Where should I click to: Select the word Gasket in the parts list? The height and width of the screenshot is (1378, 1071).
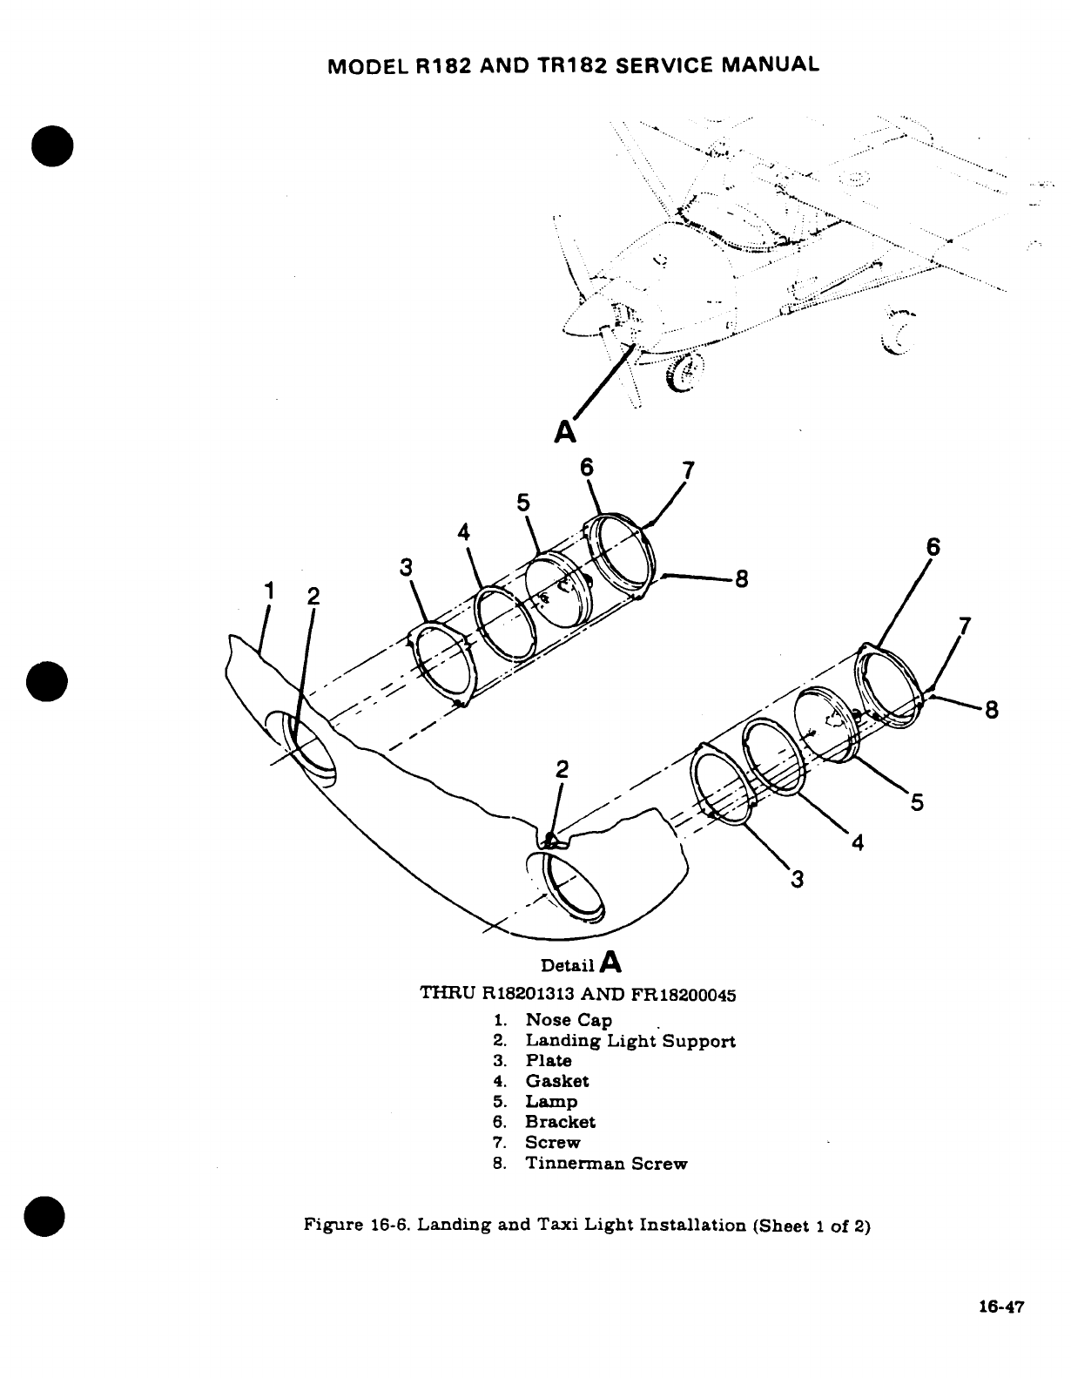pyautogui.click(x=556, y=1081)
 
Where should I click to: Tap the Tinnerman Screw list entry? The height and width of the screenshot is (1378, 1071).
pyautogui.click(x=606, y=1164)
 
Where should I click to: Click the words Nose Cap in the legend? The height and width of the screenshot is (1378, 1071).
pyautogui.click(x=568, y=1020)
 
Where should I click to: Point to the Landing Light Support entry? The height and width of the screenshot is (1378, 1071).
pyautogui.click(x=630, y=1041)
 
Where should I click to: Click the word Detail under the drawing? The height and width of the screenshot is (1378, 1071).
pyautogui.click(x=568, y=965)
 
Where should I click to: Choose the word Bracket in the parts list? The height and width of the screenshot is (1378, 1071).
pyautogui.click(x=560, y=1122)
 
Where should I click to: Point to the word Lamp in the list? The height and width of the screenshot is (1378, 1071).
pyautogui.click(x=550, y=1102)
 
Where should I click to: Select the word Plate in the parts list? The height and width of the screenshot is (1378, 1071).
pyautogui.click(x=548, y=1061)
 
